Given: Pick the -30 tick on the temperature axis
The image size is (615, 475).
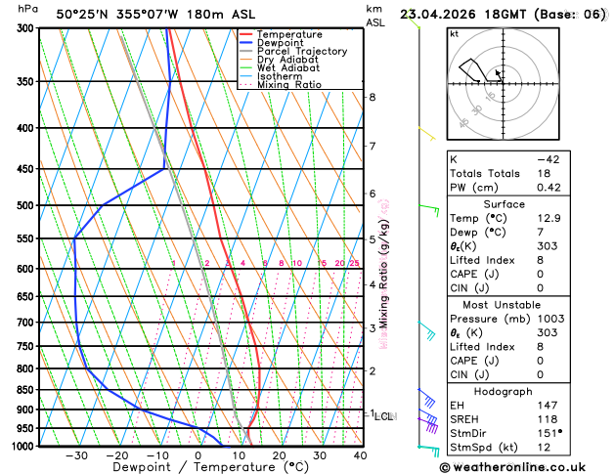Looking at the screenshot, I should [x=76, y=454].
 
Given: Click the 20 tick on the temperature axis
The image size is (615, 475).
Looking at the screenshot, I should [x=279, y=454].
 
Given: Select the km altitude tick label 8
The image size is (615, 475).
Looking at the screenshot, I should [x=372, y=98].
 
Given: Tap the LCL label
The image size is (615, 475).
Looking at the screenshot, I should [x=384, y=416].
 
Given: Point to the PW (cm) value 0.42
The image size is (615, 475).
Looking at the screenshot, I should [x=549, y=188].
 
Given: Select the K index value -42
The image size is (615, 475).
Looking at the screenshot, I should [x=548, y=158].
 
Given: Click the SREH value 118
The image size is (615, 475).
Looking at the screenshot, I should [x=547, y=418].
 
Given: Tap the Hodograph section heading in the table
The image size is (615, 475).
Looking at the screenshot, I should [x=526, y=391].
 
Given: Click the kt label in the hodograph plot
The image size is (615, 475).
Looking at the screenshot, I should [x=454, y=33].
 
